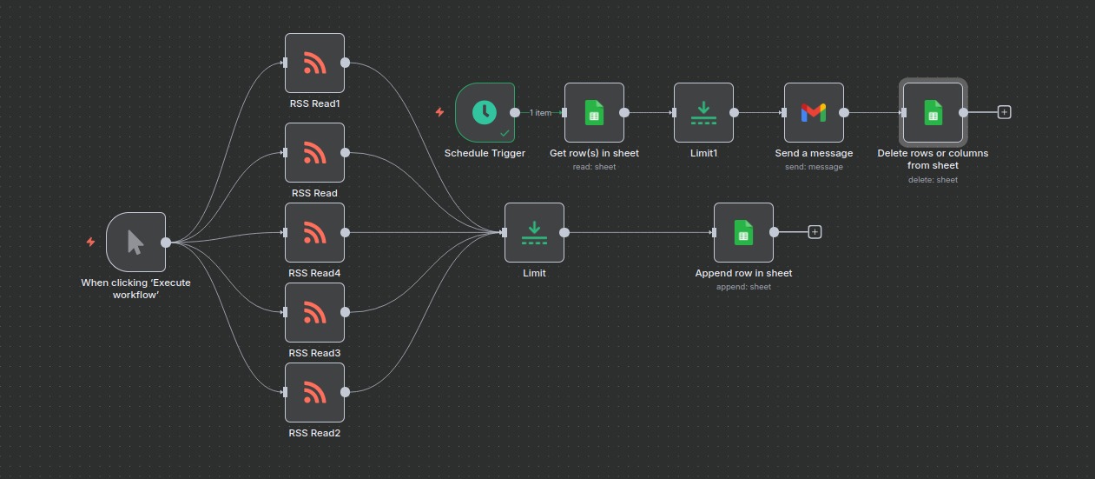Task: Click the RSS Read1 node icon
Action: pyautogui.click(x=315, y=63)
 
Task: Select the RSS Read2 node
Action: pyautogui.click(x=315, y=392)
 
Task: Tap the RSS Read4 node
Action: pyautogui.click(x=315, y=232)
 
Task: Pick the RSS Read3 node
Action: pyautogui.click(x=315, y=313)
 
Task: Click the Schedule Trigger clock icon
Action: pyautogui.click(x=485, y=112)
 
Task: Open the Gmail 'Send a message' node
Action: pyautogui.click(x=814, y=112)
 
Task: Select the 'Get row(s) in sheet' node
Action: pyautogui.click(x=595, y=112)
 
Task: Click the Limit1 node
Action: pyautogui.click(x=704, y=112)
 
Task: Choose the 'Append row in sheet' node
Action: pyautogui.click(x=743, y=232)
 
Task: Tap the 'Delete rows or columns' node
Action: pyautogui.click(x=933, y=112)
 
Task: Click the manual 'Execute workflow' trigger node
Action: pyautogui.click(x=135, y=242)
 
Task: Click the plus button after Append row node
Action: pyautogui.click(x=815, y=232)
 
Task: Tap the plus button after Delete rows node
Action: pyautogui.click(x=1004, y=112)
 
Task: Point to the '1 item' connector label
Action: pyautogui.click(x=540, y=112)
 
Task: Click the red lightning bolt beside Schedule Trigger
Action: pyautogui.click(x=440, y=112)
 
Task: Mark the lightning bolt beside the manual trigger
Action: pyautogui.click(x=91, y=242)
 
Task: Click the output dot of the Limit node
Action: pyautogui.click(x=564, y=232)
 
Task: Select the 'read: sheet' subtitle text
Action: pyautogui.click(x=595, y=167)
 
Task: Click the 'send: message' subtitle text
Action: pyautogui.click(x=814, y=167)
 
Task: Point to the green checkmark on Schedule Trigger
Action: pyautogui.click(x=505, y=133)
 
